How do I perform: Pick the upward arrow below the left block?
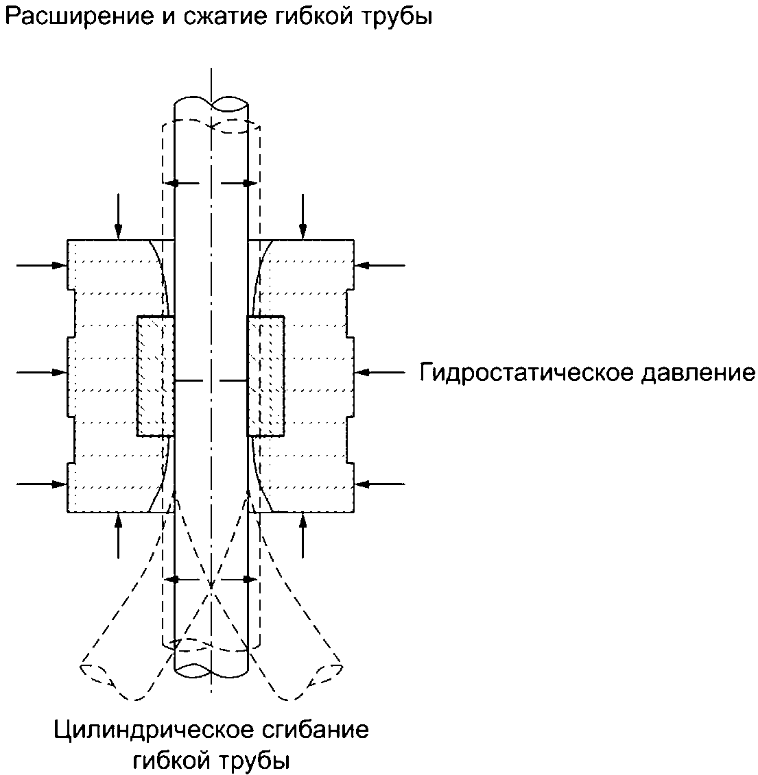(118, 536)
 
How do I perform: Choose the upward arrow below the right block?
(303, 536)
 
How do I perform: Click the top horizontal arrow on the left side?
(42, 265)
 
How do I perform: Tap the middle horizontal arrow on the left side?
(42, 372)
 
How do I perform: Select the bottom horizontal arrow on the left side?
(42, 484)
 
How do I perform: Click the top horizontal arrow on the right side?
(379, 265)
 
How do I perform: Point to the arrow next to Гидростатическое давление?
(379, 372)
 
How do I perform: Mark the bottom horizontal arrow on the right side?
(379, 484)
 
